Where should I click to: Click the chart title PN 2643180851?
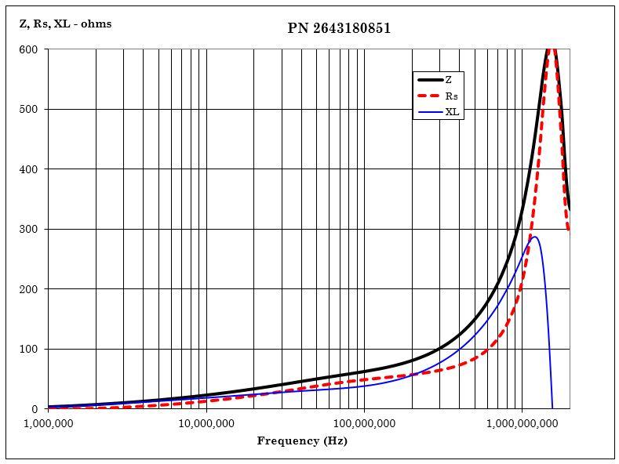tap(339, 28)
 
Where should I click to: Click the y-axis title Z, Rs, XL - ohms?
tap(65, 24)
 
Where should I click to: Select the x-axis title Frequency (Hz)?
tap(302, 440)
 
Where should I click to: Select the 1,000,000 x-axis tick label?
tap(49, 423)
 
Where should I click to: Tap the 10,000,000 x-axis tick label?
tap(206, 423)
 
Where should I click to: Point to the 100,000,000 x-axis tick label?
tap(364, 423)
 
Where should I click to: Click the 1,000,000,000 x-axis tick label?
tap(522, 423)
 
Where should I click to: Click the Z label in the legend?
tap(449, 80)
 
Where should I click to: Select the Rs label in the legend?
tap(451, 96)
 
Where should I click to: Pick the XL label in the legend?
tap(452, 112)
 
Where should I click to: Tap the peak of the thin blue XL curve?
tap(534, 236)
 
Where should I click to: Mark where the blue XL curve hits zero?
tap(552, 408)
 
